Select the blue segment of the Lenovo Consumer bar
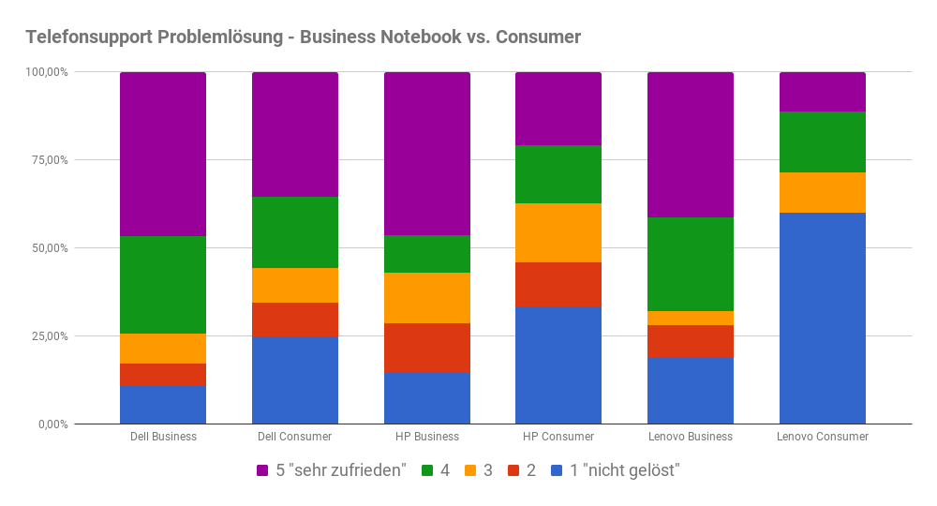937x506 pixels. [822, 319]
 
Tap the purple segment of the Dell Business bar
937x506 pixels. [163, 154]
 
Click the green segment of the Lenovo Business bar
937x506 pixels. [691, 264]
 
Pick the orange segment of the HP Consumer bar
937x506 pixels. [558, 232]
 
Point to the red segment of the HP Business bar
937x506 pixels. [427, 348]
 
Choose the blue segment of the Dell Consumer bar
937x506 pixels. [295, 380]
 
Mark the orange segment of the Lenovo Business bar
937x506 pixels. [691, 318]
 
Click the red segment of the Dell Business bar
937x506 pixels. [163, 374]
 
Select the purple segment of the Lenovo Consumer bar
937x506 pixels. [822, 92]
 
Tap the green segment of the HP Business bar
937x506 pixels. [427, 254]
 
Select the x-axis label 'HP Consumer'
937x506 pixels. [558, 437]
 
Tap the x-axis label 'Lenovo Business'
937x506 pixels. [691, 437]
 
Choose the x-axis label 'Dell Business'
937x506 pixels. [163, 437]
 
